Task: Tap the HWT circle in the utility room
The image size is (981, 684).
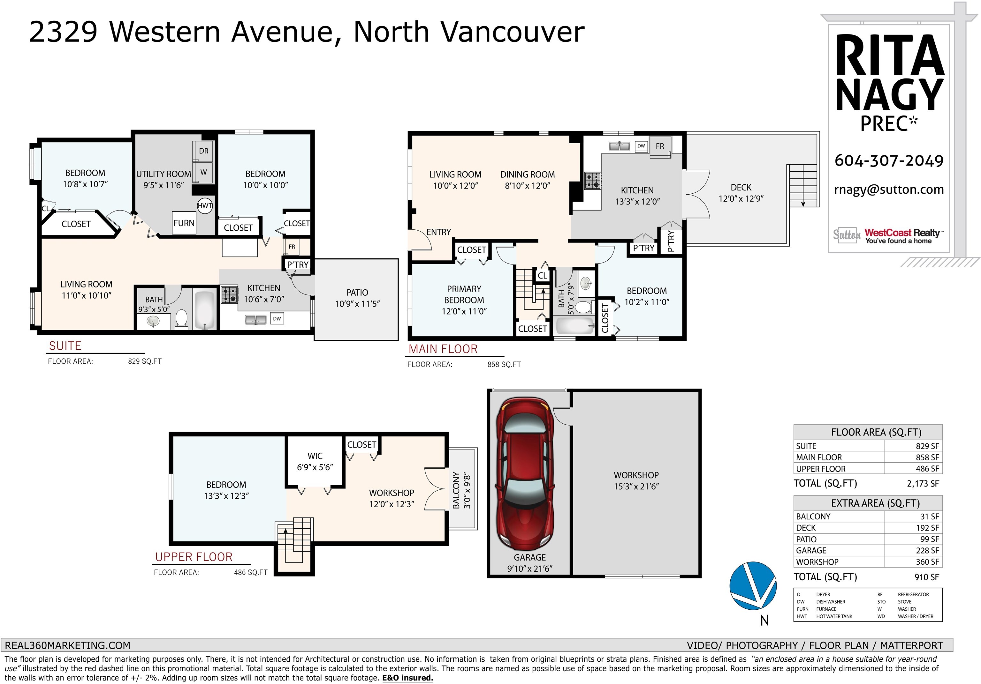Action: coord(205,205)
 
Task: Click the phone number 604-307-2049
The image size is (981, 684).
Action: coord(889,160)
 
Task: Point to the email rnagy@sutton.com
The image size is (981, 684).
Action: coord(889,190)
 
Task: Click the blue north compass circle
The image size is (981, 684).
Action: coord(753,585)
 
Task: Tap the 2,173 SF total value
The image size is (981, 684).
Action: coord(923,484)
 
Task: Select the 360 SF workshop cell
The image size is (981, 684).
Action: coord(927,562)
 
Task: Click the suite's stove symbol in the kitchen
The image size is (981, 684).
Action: coord(229,294)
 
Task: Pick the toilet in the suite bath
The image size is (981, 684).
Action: coord(182,319)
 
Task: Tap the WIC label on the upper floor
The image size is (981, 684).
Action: coord(315,456)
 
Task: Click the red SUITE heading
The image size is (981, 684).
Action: coord(65,346)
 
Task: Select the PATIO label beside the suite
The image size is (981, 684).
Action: coord(357,293)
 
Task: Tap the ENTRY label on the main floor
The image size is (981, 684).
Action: coord(439,232)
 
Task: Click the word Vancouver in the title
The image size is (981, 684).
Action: coord(512,32)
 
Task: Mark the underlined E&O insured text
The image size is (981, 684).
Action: coord(407,678)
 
